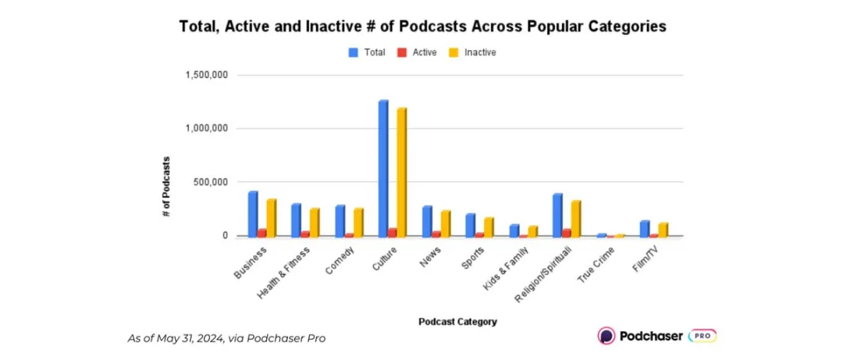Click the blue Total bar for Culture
coord(382,168)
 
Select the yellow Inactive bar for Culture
coord(401,172)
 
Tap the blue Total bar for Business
coord(253,213)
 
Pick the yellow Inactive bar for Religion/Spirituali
coord(575,218)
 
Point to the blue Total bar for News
coord(427,220)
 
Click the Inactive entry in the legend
coord(474,52)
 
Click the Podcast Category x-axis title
coord(457,321)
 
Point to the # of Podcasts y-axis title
coord(167,187)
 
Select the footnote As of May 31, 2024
coord(226,338)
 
